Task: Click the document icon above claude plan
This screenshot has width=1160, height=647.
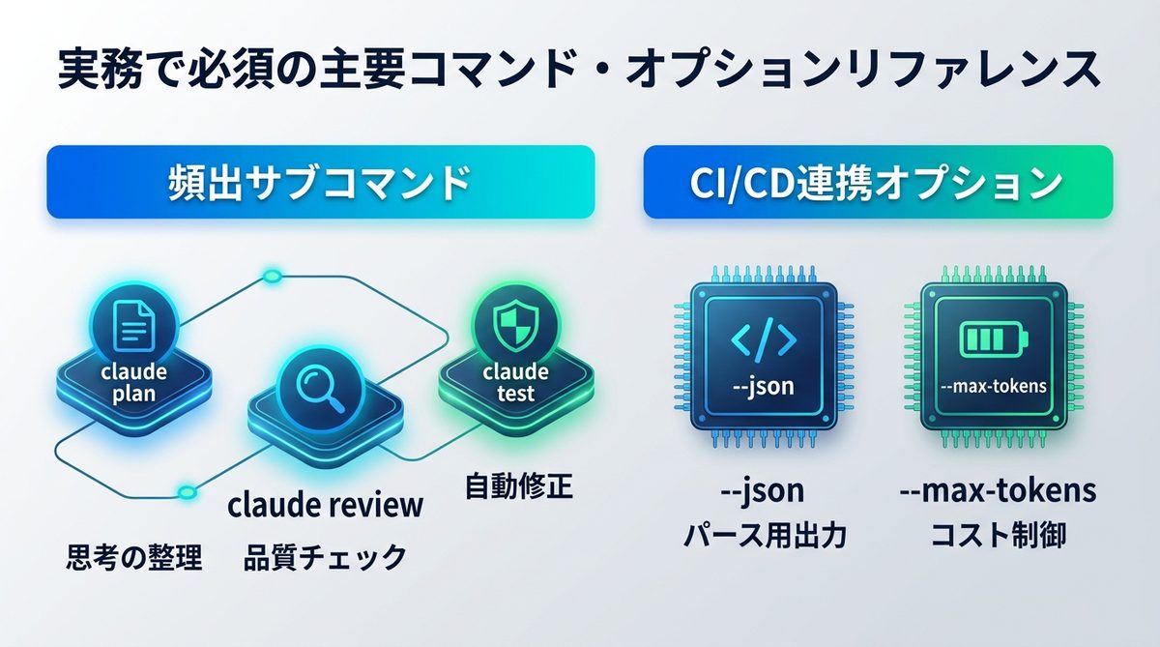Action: pyautogui.click(x=134, y=328)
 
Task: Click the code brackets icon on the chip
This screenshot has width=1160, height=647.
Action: pyautogui.click(x=764, y=339)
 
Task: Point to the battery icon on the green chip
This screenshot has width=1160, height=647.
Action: pyautogui.click(x=994, y=339)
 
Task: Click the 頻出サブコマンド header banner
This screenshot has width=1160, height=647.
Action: pyautogui.click(x=321, y=182)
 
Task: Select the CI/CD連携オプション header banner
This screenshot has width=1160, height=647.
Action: pyautogui.click(x=878, y=182)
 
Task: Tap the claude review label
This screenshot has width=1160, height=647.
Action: pyautogui.click(x=325, y=505)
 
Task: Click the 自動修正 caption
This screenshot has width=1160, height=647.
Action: pyautogui.click(x=519, y=485)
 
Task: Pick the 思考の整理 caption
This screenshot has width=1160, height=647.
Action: pyautogui.click(x=134, y=557)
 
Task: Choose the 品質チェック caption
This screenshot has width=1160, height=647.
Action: pyautogui.click(x=325, y=557)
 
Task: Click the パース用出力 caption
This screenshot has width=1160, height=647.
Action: pyautogui.click(x=765, y=536)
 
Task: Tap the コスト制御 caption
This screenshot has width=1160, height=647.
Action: pyautogui.click(x=999, y=535)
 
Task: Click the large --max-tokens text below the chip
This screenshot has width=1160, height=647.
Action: pyautogui.click(x=998, y=489)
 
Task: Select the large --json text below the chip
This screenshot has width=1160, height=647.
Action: pyautogui.click(x=763, y=491)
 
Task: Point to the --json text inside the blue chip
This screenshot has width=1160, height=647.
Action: pyautogui.click(x=764, y=387)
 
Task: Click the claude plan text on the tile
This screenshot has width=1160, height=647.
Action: pyautogui.click(x=134, y=383)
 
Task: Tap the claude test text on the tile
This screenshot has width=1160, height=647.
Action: pyautogui.click(x=515, y=383)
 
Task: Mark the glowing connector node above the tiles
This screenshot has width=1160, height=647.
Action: pyautogui.click(x=272, y=276)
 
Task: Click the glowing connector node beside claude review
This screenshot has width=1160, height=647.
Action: pyautogui.click(x=187, y=492)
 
